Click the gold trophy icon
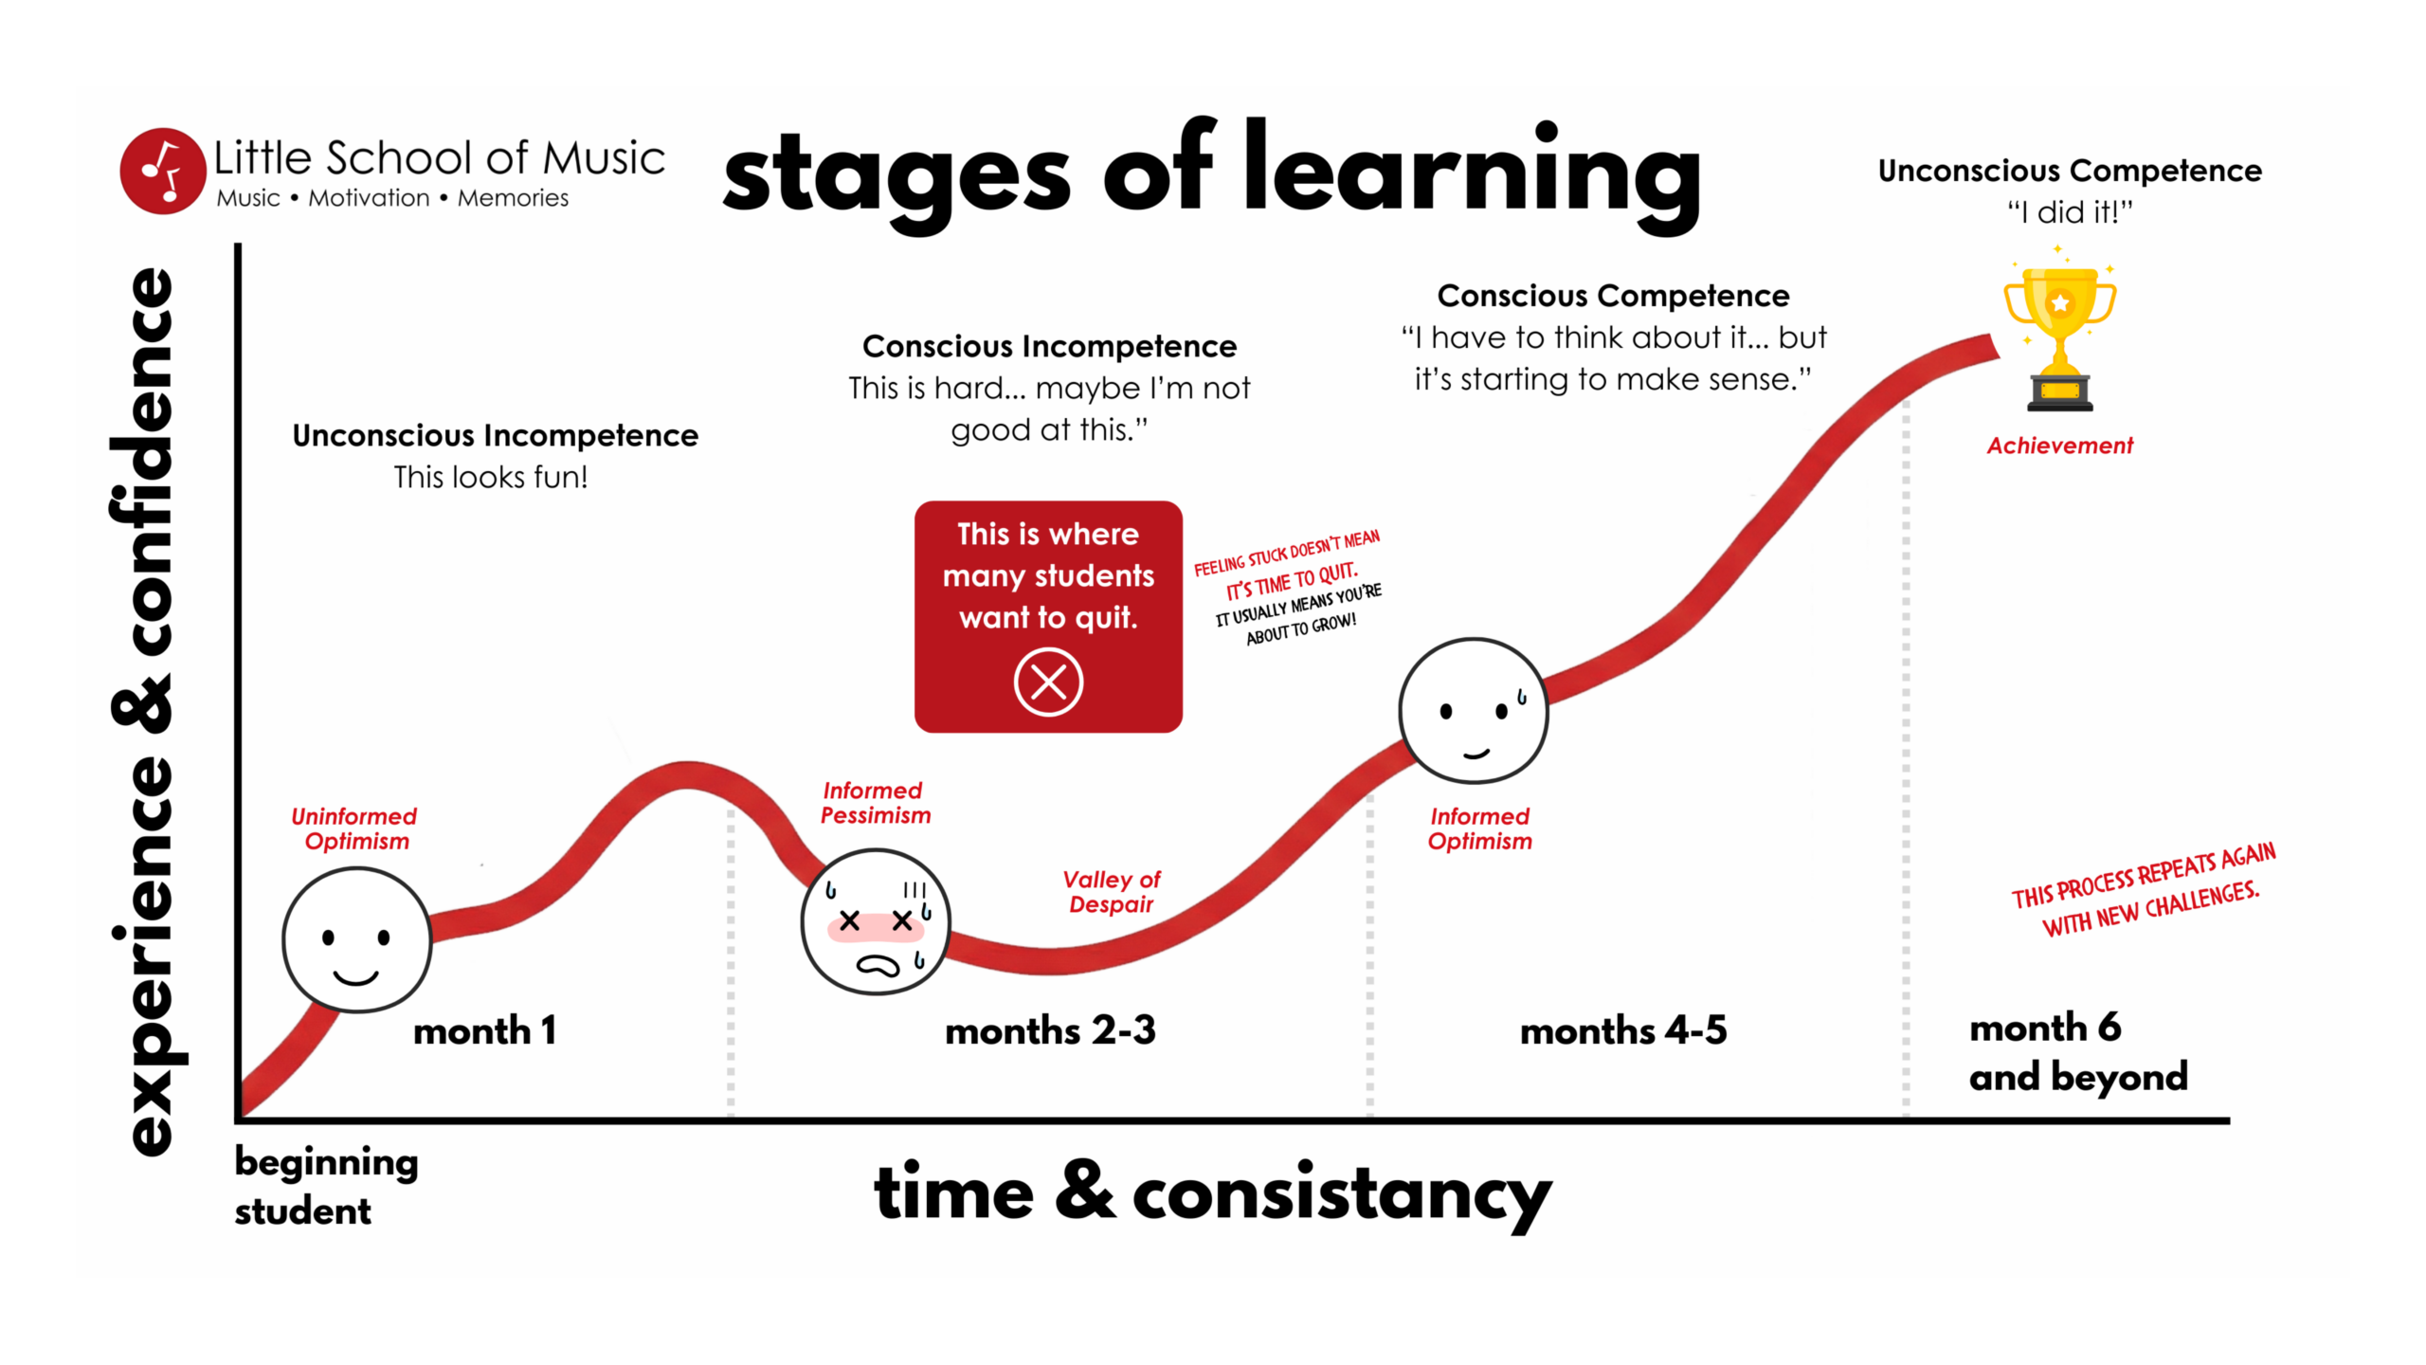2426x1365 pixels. click(2059, 337)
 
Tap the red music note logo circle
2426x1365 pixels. click(163, 171)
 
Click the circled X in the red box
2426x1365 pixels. click(1048, 682)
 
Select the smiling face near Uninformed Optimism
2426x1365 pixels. click(357, 940)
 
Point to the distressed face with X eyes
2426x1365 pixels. click(876, 921)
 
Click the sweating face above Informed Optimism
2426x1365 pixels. click(1474, 711)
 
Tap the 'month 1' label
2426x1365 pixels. click(484, 1030)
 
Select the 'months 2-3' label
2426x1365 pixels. click(1050, 1030)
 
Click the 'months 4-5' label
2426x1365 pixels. click(1623, 1030)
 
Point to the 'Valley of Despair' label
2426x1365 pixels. click(1112, 892)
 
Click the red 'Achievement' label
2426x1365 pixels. click(2060, 446)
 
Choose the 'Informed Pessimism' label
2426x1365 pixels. click(875, 803)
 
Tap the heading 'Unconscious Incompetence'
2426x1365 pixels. click(495, 435)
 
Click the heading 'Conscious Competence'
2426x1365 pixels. click(1613, 296)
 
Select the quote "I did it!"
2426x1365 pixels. click(2071, 212)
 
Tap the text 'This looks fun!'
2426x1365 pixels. click(491, 477)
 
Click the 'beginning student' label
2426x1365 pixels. click(326, 1186)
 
